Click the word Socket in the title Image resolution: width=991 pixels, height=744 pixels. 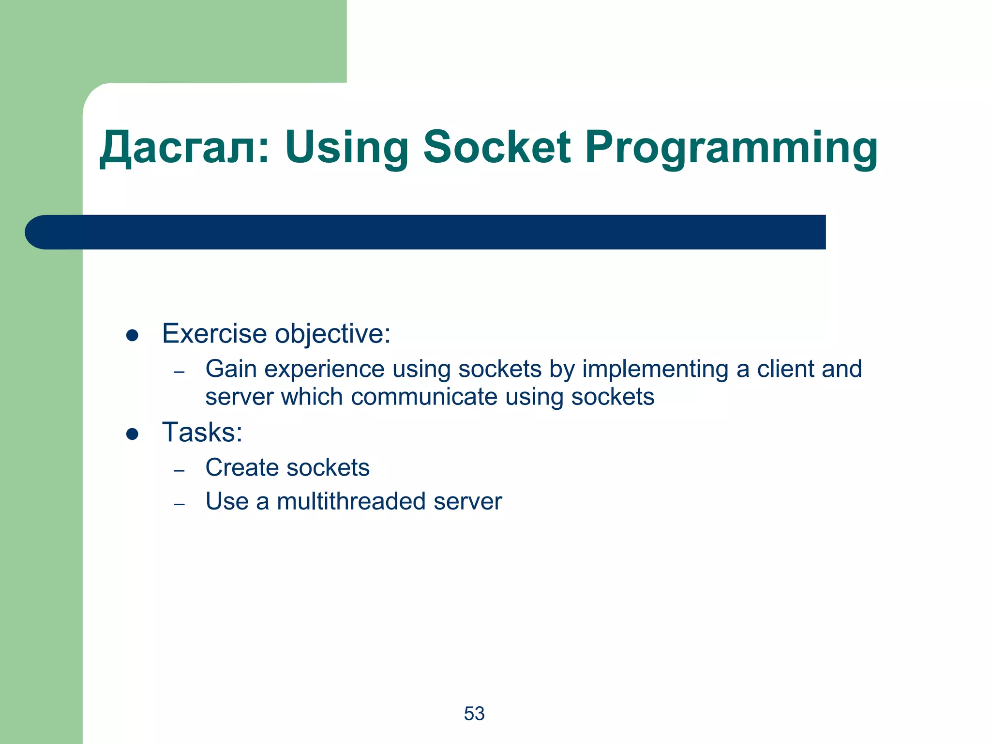496,147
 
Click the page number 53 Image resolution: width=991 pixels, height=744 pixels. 474,713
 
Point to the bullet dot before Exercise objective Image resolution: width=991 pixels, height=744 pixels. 132,335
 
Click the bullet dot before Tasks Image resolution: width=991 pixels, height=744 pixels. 132,434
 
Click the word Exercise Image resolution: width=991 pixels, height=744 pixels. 214,334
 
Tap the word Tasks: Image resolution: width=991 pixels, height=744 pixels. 202,432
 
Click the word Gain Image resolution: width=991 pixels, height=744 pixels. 231,369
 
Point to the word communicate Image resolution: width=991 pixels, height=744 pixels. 424,397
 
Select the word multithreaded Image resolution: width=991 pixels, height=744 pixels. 351,501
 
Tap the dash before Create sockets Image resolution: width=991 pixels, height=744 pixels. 180,470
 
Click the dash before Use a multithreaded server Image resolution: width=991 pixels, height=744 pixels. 180,504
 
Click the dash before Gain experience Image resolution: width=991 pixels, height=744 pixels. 180,372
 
